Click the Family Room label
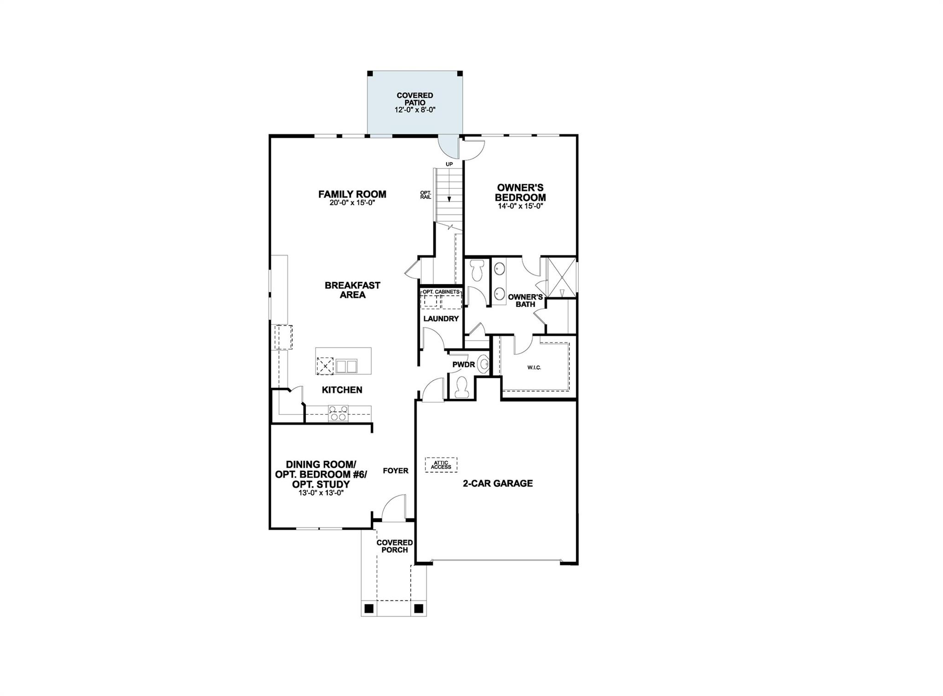click(352, 194)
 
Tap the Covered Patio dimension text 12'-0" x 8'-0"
click(415, 110)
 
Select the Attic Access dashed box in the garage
click(441, 465)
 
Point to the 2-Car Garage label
click(498, 483)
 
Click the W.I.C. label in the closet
click(534, 367)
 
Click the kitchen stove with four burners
click(338, 413)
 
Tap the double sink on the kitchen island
click(346, 366)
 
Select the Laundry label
click(441, 319)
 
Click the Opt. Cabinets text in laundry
click(441, 292)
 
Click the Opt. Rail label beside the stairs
click(425, 195)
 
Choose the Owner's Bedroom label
click(520, 192)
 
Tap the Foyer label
click(396, 470)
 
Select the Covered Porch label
click(395, 546)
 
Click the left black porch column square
click(368, 609)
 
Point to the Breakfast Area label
click(352, 290)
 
